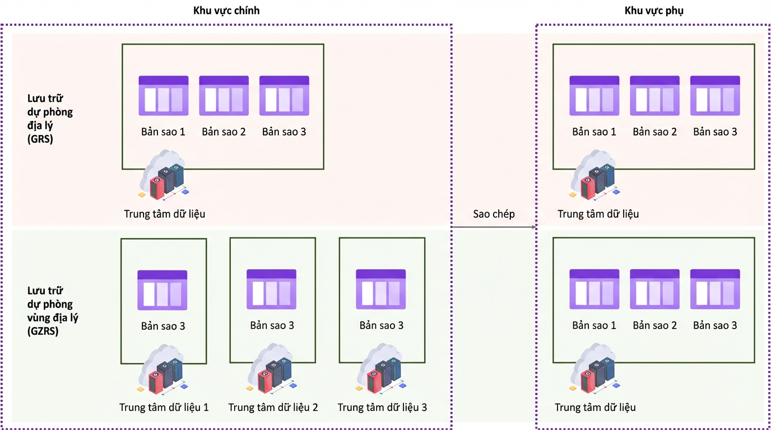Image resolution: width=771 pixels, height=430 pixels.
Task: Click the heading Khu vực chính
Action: pos(226,11)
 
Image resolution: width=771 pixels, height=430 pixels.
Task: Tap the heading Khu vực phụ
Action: pos(654,11)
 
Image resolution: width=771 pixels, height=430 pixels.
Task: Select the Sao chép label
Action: pos(494,214)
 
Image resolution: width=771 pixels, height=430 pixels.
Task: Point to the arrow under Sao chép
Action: pos(494,227)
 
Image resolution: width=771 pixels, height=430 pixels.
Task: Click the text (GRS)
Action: pos(40,139)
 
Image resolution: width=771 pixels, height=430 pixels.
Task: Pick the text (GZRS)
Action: pos(43,331)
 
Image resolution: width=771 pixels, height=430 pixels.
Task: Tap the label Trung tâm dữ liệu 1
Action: pos(164,407)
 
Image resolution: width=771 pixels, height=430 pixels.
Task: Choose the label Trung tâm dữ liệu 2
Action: pos(273,407)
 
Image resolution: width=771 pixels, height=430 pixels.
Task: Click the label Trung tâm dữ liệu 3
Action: pos(382,407)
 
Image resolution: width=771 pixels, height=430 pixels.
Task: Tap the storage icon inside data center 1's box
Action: pos(162,291)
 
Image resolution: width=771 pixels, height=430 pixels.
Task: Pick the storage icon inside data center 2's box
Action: pos(271,289)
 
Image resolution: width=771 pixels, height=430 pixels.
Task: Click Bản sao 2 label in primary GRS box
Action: pos(224,132)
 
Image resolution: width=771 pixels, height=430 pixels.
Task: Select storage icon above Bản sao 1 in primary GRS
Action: pos(164,96)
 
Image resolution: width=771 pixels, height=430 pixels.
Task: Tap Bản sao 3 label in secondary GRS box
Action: pos(715,132)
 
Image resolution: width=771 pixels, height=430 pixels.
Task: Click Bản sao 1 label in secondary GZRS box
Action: pos(594,325)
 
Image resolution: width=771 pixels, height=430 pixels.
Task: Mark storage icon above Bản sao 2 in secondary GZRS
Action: pos(654,289)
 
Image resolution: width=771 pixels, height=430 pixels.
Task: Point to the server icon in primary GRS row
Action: pos(164,175)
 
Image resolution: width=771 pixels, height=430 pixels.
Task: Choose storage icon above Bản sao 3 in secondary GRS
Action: pos(715,96)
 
